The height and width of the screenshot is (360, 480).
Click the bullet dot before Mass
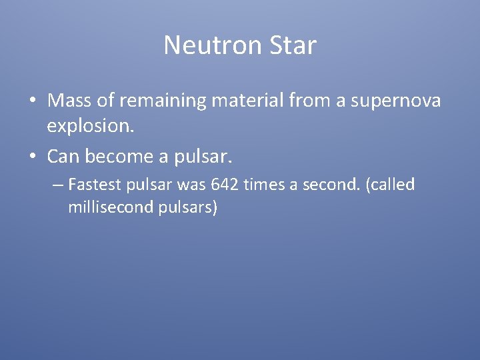click(x=31, y=101)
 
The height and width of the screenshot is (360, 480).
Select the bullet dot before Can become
click(x=31, y=156)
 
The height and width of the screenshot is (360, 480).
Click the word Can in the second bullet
click(x=63, y=156)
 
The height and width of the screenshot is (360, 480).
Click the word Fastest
click(x=93, y=185)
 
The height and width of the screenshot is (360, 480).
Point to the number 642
click(x=224, y=185)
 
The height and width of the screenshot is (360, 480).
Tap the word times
click(x=263, y=185)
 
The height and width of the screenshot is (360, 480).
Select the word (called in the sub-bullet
click(x=390, y=185)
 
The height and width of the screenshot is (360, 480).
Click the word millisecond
click(x=109, y=207)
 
